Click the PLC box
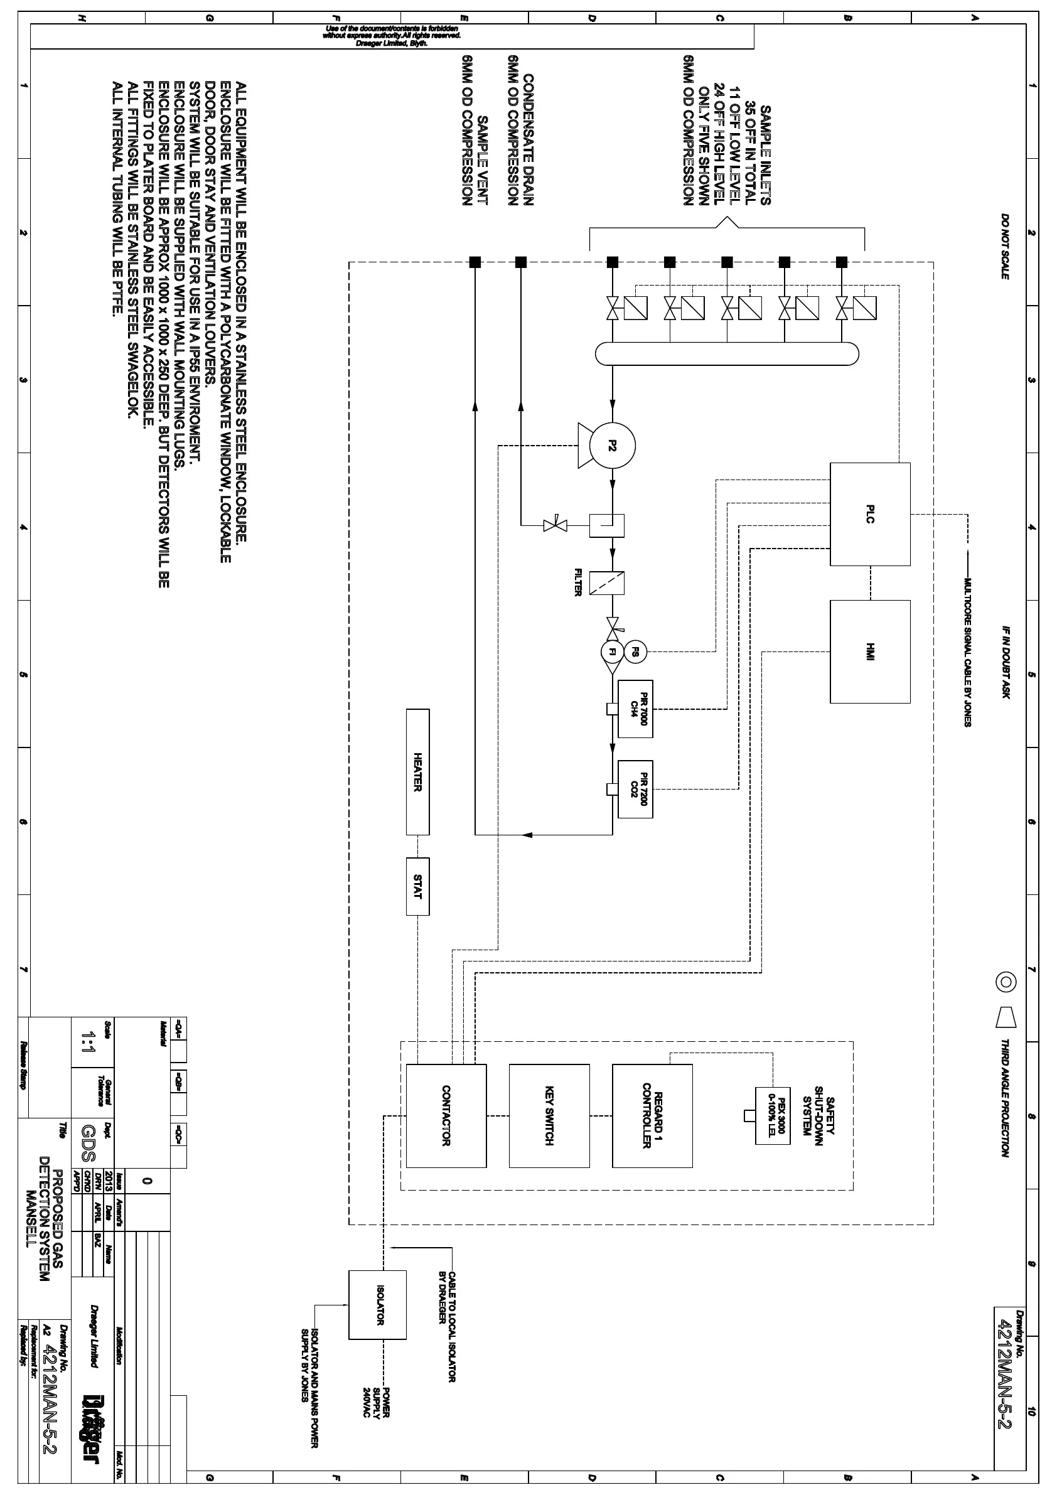point(869,514)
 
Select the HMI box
point(869,651)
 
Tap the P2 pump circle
point(611,446)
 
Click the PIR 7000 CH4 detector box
point(635,709)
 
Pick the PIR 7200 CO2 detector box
point(635,789)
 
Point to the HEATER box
point(417,771)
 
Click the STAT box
point(417,886)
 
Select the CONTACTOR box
point(446,1115)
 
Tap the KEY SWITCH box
point(549,1115)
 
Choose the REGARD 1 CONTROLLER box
point(652,1115)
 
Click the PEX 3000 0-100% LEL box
point(773,1115)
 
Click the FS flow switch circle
point(635,651)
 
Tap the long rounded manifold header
point(727,353)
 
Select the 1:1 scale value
point(87,1044)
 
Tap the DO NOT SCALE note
point(1005,246)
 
